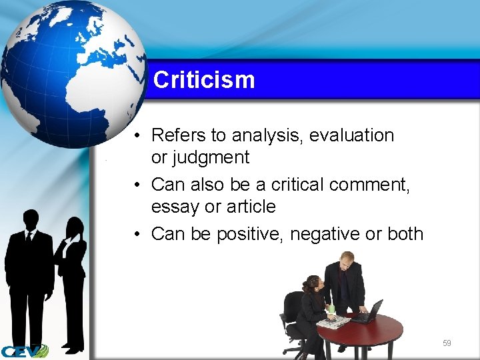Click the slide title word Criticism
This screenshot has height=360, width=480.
pyautogui.click(x=204, y=80)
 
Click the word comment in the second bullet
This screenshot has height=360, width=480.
pyautogui.click(x=370, y=184)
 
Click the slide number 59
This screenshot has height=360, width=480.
pyautogui.click(x=447, y=343)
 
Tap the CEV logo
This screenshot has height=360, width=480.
pyautogui.click(x=24, y=351)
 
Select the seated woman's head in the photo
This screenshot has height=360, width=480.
pyautogui.click(x=311, y=284)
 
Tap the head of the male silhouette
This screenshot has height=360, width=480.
pyautogui.click(x=31, y=219)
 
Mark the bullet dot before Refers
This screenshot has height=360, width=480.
pyautogui.click(x=135, y=135)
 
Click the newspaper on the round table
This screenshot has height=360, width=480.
pyautogui.click(x=333, y=322)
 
